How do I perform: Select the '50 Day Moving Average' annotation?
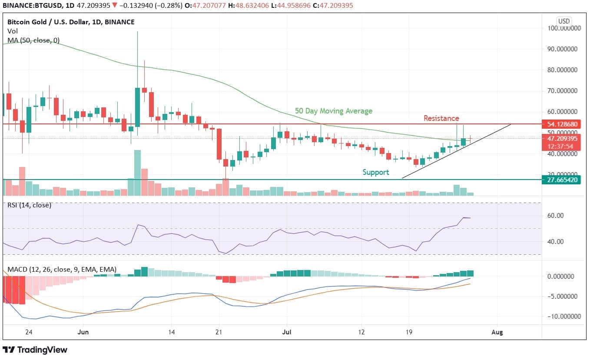(333, 111)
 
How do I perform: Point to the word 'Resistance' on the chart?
(441, 118)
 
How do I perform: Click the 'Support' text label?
(376, 172)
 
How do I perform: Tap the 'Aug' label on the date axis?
(497, 332)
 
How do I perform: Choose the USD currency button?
(564, 21)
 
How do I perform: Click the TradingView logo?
(35, 350)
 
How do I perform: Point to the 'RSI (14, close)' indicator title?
(29, 205)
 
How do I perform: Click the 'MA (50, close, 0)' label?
(33, 40)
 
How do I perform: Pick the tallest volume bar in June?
(137, 173)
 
